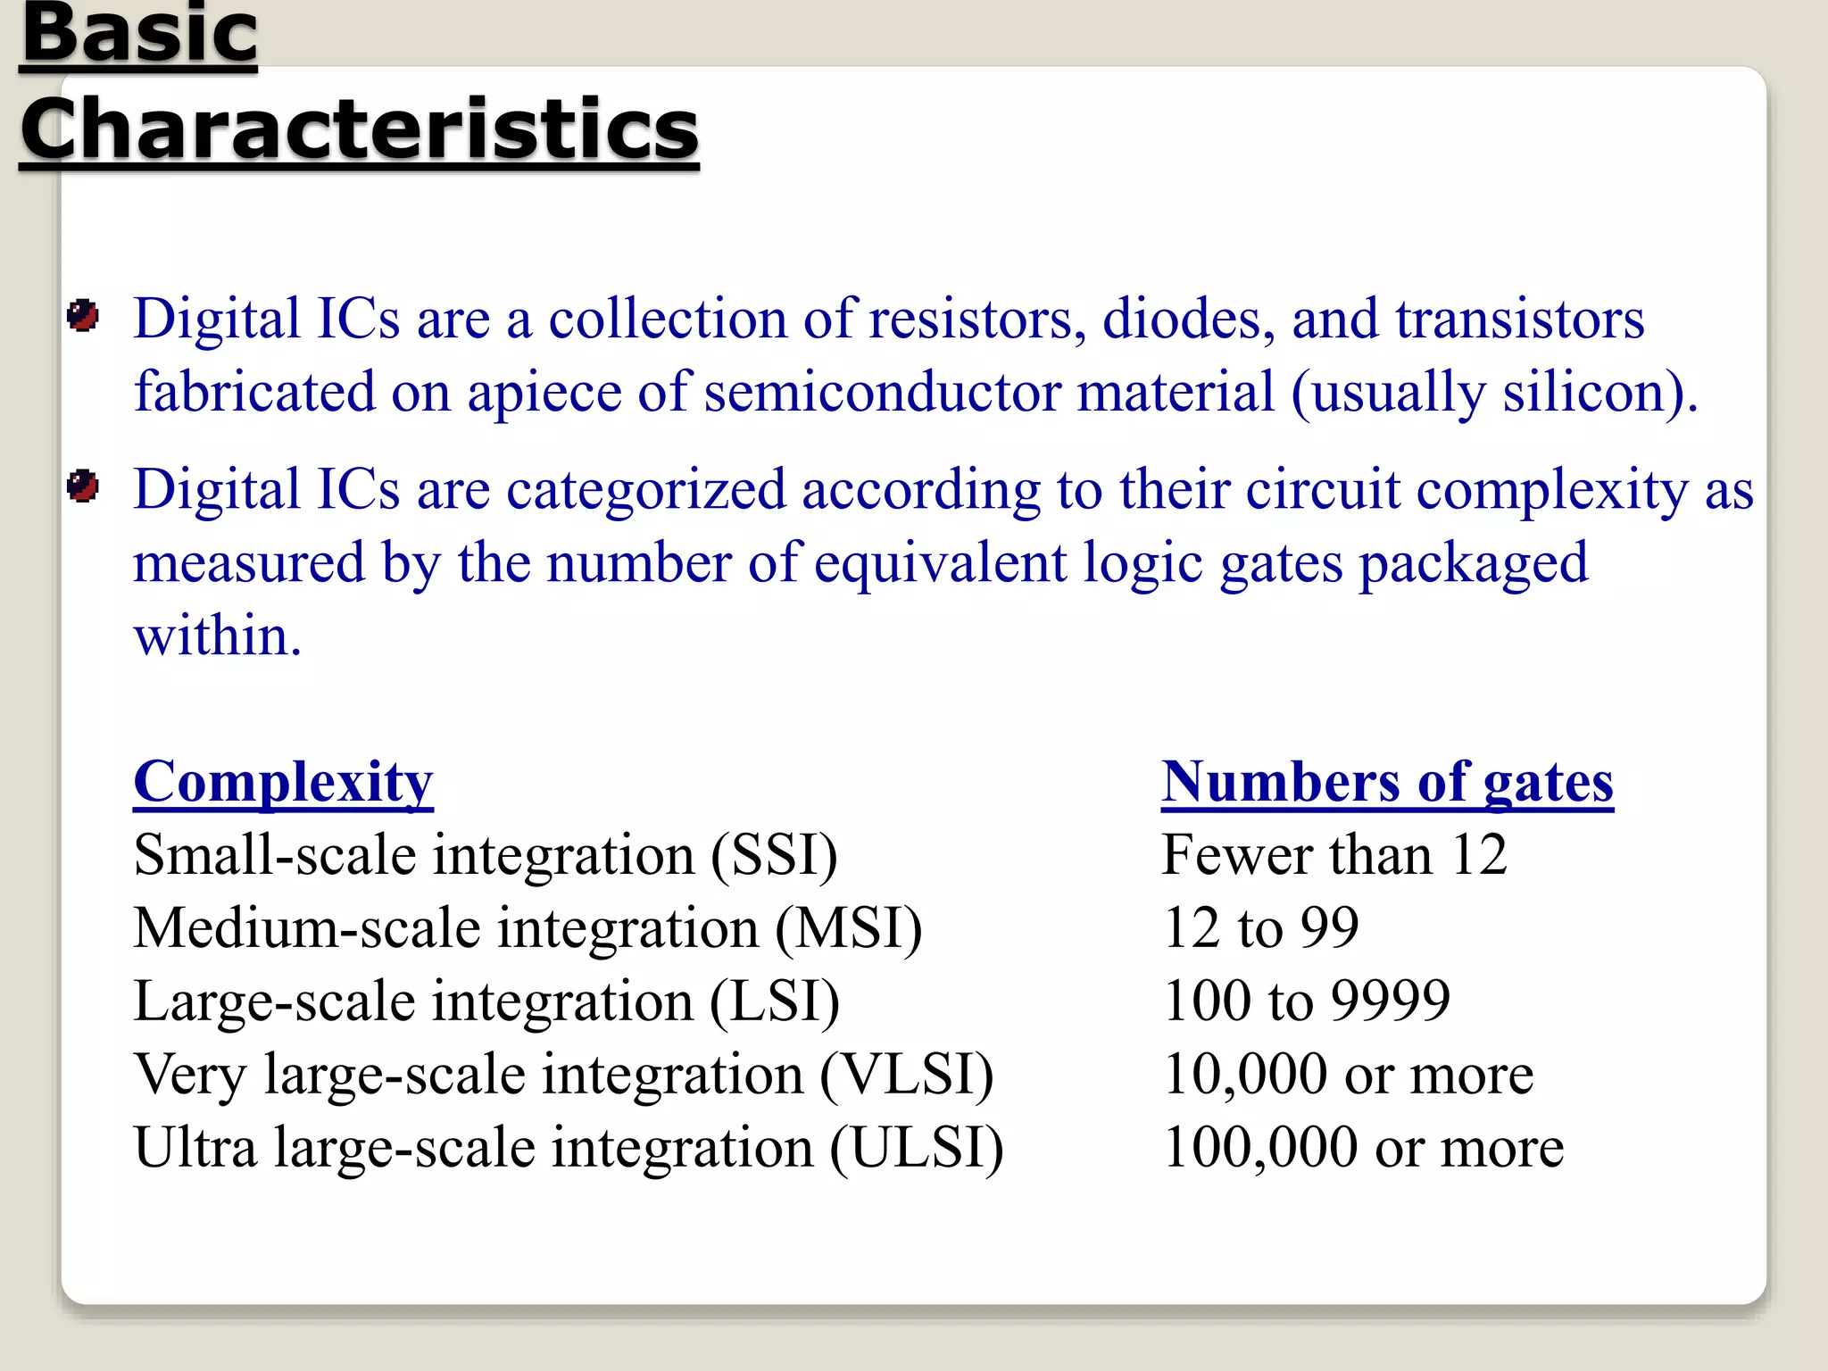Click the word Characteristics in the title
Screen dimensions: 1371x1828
coord(359,129)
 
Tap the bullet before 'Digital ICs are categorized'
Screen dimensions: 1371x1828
coord(83,487)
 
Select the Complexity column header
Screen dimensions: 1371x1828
coord(283,782)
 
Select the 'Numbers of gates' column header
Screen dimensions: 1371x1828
coord(1387,782)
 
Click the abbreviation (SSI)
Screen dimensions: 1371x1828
coord(774,855)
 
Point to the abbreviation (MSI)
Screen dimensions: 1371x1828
coord(848,928)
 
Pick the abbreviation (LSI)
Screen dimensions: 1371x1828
coord(774,1001)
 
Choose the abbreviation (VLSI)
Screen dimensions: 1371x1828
coord(906,1075)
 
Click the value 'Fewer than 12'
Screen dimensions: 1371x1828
coord(1334,855)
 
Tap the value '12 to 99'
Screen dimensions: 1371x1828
coord(1260,928)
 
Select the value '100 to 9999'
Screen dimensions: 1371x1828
coord(1307,1001)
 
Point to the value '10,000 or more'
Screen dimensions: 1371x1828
coord(1349,1075)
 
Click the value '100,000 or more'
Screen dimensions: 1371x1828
coord(1364,1148)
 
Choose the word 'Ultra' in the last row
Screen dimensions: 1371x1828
coord(195,1148)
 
